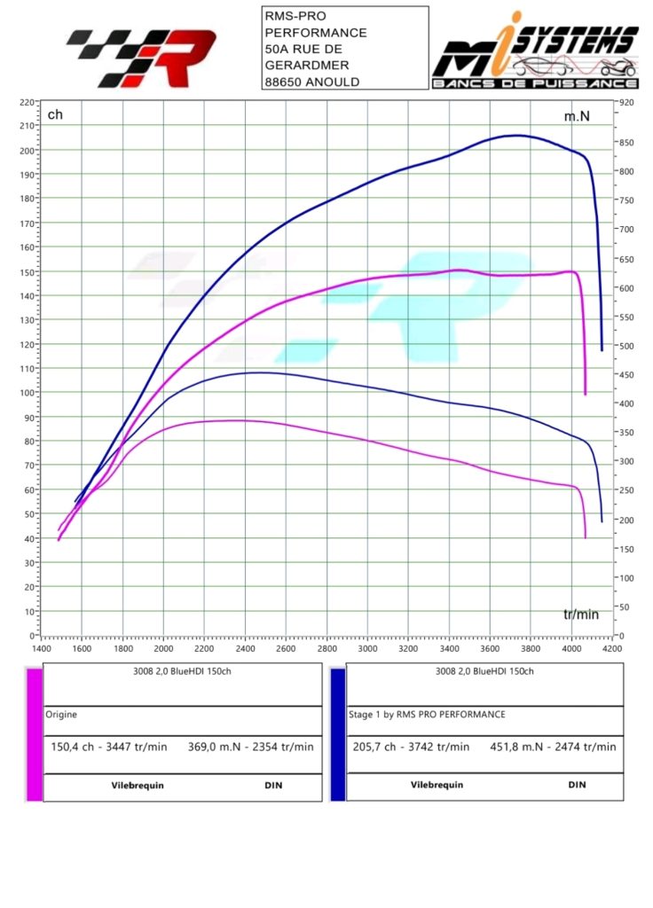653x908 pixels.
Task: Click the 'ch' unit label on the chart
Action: coord(55,114)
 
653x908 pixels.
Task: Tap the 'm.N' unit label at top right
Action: coord(577,116)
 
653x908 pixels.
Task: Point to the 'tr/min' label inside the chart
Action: coord(581,614)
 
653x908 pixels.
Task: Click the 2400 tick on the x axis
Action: coord(245,648)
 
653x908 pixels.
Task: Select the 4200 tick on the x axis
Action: coord(612,648)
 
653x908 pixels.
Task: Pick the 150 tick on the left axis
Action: coord(26,271)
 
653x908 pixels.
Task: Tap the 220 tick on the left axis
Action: coord(26,102)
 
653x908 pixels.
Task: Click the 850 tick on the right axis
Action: coord(626,142)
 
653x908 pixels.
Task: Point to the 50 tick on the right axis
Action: coord(624,607)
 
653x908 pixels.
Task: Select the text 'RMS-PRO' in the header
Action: coord(295,16)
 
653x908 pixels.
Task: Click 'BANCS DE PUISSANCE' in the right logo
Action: coord(535,83)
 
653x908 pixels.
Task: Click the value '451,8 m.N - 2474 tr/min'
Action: coord(553,746)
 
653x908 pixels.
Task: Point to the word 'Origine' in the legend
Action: coord(62,713)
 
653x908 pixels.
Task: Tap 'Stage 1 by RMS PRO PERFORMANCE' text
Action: coord(427,713)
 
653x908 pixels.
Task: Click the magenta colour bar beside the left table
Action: coord(35,734)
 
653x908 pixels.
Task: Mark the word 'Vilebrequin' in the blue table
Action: coord(436,785)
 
